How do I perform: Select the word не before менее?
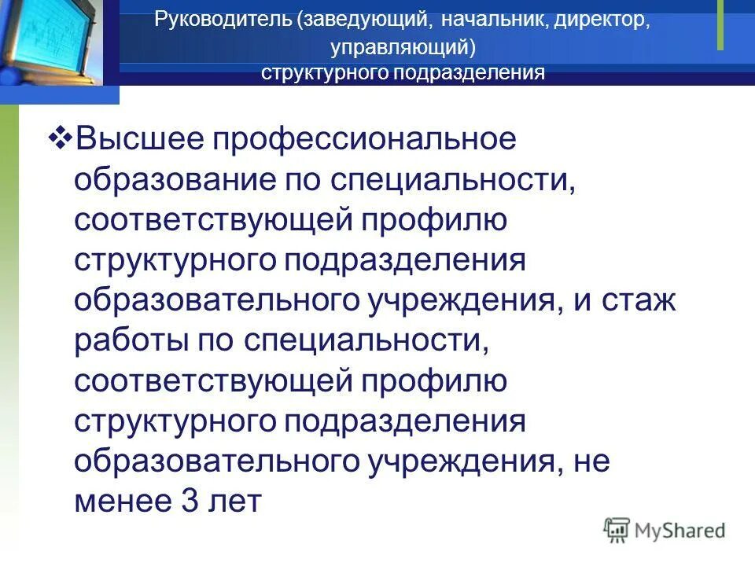[587, 460]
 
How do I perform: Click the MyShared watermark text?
[679, 531]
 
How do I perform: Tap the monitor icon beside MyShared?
[617, 530]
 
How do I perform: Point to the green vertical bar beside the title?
[720, 25]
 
